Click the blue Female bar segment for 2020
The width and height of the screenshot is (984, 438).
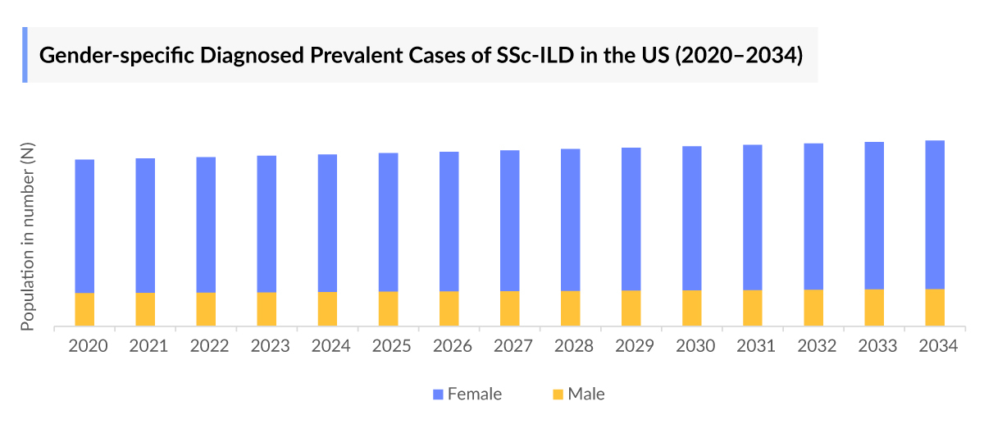pyautogui.click(x=84, y=226)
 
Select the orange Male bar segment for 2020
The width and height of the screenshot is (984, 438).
pyautogui.click(x=84, y=309)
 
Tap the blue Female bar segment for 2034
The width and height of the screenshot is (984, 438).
pyautogui.click(x=935, y=214)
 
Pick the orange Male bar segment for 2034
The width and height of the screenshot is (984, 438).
pyautogui.click(x=935, y=308)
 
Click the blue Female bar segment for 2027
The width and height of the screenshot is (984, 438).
pyautogui.click(x=509, y=220)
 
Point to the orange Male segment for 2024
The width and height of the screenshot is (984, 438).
pyautogui.click(x=327, y=308)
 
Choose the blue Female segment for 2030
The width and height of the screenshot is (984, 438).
pyautogui.click(x=691, y=217)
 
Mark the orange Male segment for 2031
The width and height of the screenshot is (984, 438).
pyautogui.click(x=752, y=308)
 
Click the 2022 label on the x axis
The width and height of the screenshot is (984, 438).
pyautogui.click(x=209, y=346)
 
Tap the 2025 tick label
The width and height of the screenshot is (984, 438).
pyautogui.click(x=391, y=346)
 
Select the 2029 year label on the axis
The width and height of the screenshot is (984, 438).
pyautogui.click(x=634, y=346)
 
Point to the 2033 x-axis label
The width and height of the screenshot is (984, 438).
pyautogui.click(x=877, y=346)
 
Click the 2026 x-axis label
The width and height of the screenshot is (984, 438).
pyautogui.click(x=452, y=346)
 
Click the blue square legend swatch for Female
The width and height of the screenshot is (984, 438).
pyautogui.click(x=438, y=395)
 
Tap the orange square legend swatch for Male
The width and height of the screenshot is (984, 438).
pyautogui.click(x=558, y=395)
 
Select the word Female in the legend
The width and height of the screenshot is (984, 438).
pyautogui.click(x=474, y=395)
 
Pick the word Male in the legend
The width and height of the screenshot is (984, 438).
pyautogui.click(x=585, y=395)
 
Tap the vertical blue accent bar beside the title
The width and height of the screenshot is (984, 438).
pyautogui.click(x=25, y=55)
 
